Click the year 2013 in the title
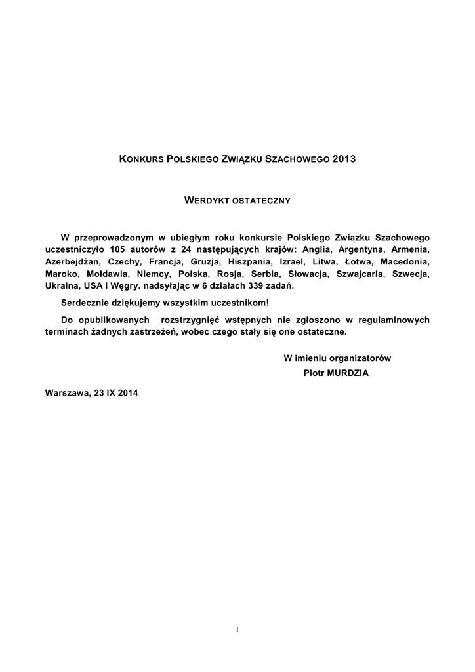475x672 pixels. pos(344,159)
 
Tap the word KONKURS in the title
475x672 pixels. pos(141,159)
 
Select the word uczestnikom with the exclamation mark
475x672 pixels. pos(239,303)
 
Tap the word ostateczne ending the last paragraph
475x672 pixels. pos(321,332)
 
